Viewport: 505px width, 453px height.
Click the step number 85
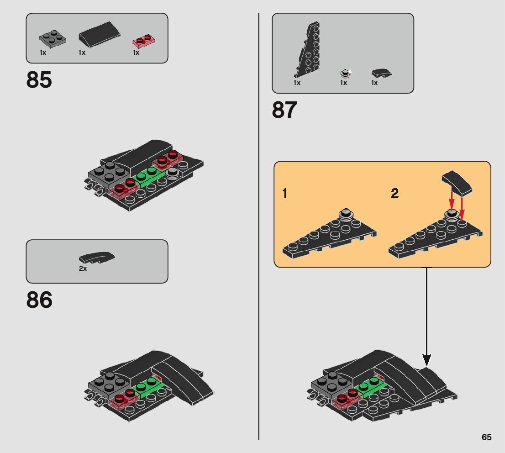[x=39, y=80]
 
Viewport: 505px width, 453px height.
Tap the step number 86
[x=39, y=300]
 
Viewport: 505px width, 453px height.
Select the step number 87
[x=284, y=111]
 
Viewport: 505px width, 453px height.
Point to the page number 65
[x=486, y=437]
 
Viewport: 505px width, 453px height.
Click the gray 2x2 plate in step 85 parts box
[x=51, y=38]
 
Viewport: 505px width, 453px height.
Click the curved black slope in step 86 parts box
[x=97, y=258]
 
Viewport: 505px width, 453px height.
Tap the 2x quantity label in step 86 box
[x=83, y=269]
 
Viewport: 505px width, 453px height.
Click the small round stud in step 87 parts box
[x=345, y=73]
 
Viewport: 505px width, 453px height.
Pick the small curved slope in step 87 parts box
[x=381, y=74]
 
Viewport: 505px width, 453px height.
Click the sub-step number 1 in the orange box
[x=285, y=194]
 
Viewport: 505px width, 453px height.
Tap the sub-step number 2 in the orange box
[x=395, y=194]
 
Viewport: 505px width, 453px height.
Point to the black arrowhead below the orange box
[x=427, y=361]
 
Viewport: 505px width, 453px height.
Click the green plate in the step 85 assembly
[x=148, y=176]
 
